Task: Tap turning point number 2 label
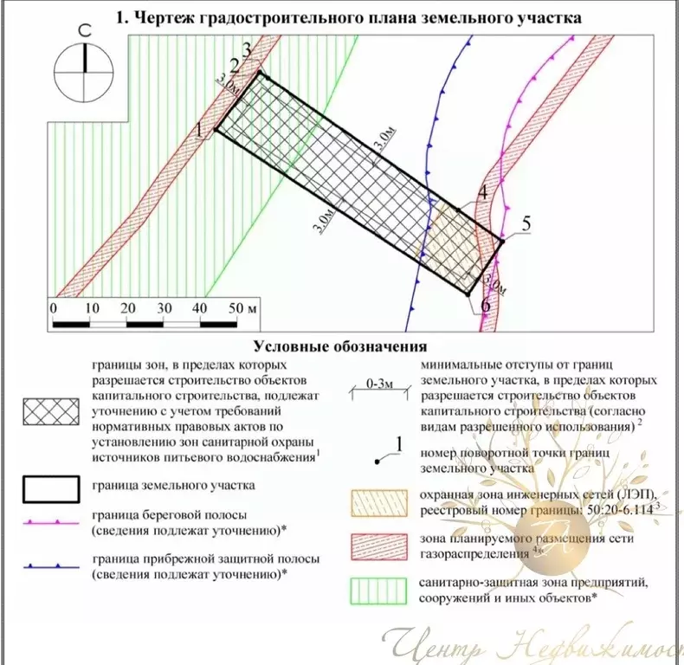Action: pyautogui.click(x=234, y=66)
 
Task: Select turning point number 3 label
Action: pyautogui.click(x=248, y=50)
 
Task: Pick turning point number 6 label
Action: pyautogui.click(x=485, y=305)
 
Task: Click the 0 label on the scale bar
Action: pyautogui.click(x=53, y=307)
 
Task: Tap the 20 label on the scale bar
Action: pyautogui.click(x=127, y=307)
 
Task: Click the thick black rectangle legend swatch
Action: pyautogui.click(x=55, y=488)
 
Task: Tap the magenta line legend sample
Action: pyautogui.click(x=55, y=524)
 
